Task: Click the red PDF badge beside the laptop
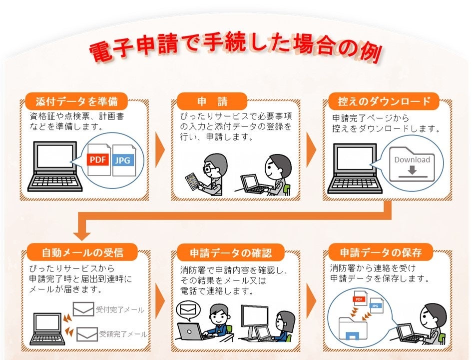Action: pos(98,160)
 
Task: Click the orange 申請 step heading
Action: pos(212,102)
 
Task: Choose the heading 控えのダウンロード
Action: pos(384,102)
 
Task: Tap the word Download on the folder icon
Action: pos(412,160)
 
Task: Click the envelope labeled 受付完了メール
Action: pos(83,309)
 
